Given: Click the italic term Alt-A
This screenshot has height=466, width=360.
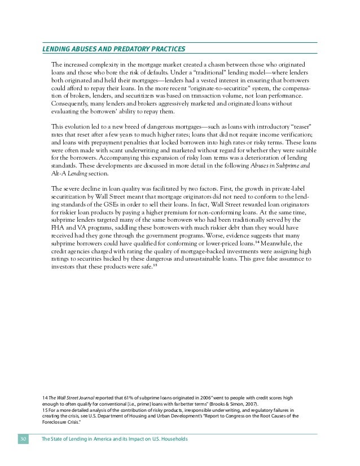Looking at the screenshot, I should tap(59, 174).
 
